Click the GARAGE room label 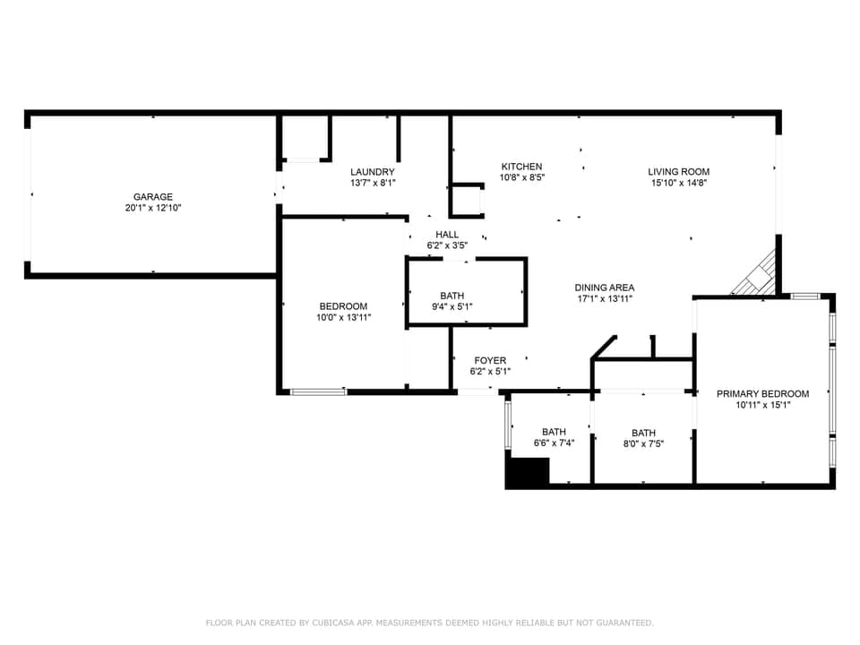click(x=152, y=197)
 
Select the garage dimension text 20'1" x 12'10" click(x=152, y=208)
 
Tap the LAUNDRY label click(x=373, y=172)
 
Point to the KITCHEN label click(x=521, y=167)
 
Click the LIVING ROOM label click(x=679, y=172)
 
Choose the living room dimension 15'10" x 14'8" click(x=679, y=183)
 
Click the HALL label click(x=447, y=235)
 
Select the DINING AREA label click(x=604, y=288)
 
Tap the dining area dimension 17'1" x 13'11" click(x=604, y=299)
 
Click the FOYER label click(x=490, y=360)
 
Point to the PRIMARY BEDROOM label click(x=762, y=393)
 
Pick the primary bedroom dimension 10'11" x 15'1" click(x=762, y=405)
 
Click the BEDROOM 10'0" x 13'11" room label click(x=342, y=306)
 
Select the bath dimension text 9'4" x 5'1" click(x=451, y=306)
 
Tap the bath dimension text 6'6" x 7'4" click(x=554, y=443)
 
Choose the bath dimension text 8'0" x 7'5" click(x=643, y=443)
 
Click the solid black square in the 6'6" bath click(x=528, y=472)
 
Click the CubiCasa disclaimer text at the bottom click(x=430, y=622)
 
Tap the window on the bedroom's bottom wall click(x=319, y=391)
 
